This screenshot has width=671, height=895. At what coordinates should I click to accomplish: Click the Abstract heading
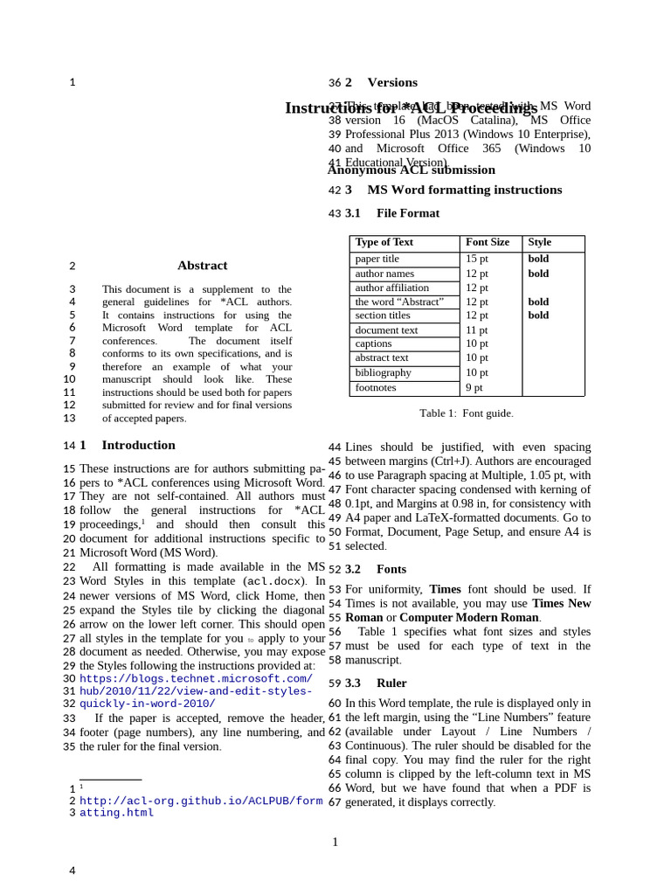pyautogui.click(x=202, y=266)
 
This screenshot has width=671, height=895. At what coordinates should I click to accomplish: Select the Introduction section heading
pyautogui.click(x=138, y=445)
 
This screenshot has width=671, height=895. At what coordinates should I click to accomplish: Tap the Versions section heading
pyautogui.click(x=391, y=82)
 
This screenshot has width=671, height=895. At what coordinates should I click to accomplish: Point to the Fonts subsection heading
pyautogui.click(x=391, y=569)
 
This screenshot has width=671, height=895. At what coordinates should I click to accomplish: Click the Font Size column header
pyautogui.click(x=488, y=242)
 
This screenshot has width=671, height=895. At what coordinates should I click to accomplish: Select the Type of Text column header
pyautogui.click(x=384, y=242)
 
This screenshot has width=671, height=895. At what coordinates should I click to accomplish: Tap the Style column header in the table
pyautogui.click(x=539, y=242)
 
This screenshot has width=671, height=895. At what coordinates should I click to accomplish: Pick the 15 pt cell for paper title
pyautogui.click(x=477, y=259)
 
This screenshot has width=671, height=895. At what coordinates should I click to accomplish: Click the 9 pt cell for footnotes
pyautogui.click(x=474, y=387)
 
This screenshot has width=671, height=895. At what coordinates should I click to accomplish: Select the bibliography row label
pyautogui.click(x=383, y=372)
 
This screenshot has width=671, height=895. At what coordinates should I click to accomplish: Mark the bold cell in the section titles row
pyautogui.click(x=538, y=316)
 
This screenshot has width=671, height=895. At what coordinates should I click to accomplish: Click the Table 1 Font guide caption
pyautogui.click(x=467, y=413)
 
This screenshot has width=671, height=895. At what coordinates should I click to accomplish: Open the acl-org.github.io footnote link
pyautogui.click(x=201, y=801)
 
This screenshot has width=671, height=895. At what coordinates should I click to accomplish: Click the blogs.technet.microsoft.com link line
pyautogui.click(x=196, y=679)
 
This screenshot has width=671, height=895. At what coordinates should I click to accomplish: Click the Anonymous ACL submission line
pyautogui.click(x=411, y=170)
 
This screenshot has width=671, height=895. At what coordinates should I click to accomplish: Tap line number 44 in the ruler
pyautogui.click(x=335, y=447)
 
